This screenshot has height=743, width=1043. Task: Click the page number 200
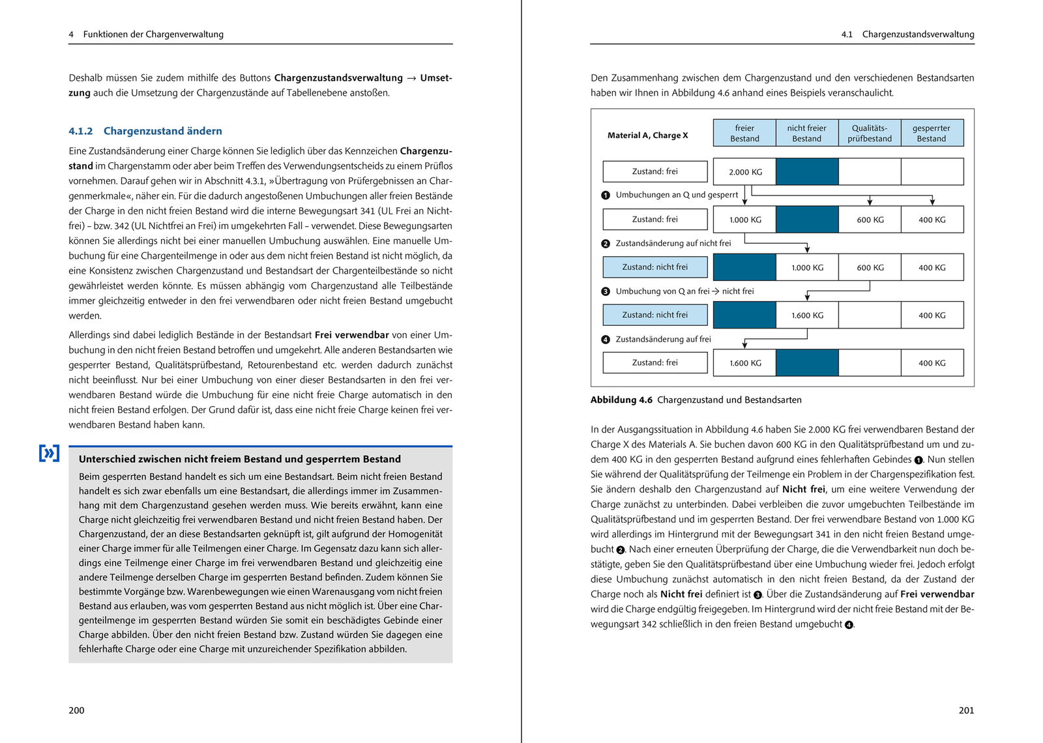point(76,710)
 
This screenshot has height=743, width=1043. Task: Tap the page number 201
point(966,710)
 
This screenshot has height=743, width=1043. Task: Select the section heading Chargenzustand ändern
point(162,131)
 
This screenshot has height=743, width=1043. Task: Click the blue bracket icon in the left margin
point(49,453)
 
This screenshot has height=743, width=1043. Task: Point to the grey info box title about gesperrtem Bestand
point(239,459)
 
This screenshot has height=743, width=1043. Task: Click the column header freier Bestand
point(744,133)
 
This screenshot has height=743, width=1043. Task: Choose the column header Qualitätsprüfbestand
point(870,133)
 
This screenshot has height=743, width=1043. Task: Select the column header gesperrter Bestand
point(932,133)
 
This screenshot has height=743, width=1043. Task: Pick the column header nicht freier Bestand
point(806,133)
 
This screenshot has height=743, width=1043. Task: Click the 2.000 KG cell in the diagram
point(745,172)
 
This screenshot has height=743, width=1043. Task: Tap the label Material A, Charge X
point(647,136)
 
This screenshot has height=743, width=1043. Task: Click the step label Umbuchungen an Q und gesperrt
point(677,195)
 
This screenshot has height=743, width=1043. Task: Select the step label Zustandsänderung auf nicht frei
point(673,243)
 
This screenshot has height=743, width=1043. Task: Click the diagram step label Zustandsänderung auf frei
point(663,340)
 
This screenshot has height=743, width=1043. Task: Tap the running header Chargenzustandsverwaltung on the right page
point(918,35)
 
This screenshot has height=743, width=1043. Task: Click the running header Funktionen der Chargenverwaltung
point(153,35)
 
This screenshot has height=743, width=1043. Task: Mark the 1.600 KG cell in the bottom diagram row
point(745,363)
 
